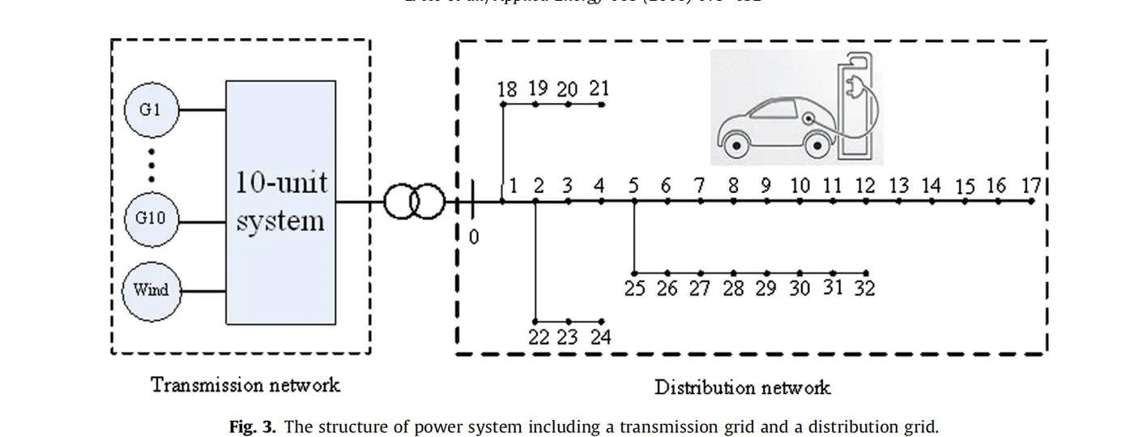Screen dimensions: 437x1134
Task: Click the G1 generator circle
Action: pyautogui.click(x=151, y=109)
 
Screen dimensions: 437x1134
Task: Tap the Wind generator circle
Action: pyautogui.click(x=151, y=289)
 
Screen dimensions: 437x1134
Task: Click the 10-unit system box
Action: pyautogui.click(x=281, y=202)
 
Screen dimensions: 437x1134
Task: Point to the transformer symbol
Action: pyautogui.click(x=414, y=202)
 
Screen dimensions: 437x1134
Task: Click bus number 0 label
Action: pyautogui.click(x=475, y=238)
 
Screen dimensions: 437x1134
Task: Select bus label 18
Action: pyautogui.click(x=507, y=89)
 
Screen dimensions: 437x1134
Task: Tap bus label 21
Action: pyautogui.click(x=599, y=88)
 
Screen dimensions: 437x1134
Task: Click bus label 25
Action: pyautogui.click(x=635, y=289)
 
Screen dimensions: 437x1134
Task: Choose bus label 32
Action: pyautogui.click(x=865, y=288)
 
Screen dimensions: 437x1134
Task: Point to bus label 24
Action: pyautogui.click(x=600, y=336)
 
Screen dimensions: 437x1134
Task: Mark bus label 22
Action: pyautogui.click(x=539, y=336)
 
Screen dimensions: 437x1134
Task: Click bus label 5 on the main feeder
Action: pyautogui.click(x=634, y=186)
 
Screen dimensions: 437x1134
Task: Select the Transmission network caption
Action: pyautogui.click(x=245, y=384)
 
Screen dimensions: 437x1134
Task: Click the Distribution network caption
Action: pyautogui.click(x=742, y=387)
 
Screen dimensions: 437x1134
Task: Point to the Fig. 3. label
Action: pyautogui.click(x=253, y=426)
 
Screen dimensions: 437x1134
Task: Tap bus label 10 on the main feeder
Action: pyautogui.click(x=799, y=186)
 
